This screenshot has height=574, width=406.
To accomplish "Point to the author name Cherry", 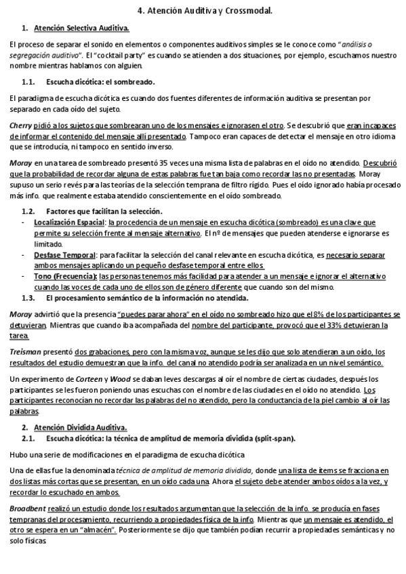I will (x=20, y=126).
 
